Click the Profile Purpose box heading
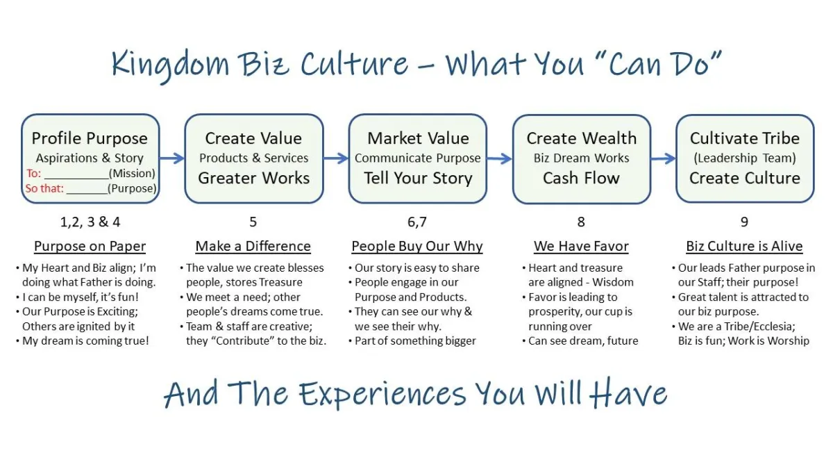90,138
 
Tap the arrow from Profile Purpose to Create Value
172,158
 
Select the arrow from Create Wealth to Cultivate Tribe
664,158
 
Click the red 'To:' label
34,174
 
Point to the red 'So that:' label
44,188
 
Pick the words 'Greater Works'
254,178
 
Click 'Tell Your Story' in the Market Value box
418,179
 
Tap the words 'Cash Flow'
581,178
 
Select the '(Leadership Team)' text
745,158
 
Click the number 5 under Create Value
253,222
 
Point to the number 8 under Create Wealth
581,222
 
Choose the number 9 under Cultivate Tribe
744,222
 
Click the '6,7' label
417,222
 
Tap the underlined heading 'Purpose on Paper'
90,247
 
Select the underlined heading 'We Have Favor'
581,247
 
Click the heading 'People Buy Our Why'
417,247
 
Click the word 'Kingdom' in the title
170,64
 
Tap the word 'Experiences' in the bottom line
382,395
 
